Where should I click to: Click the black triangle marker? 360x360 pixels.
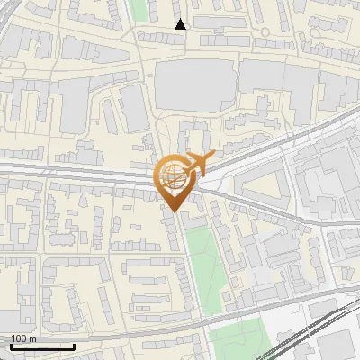click(181, 24)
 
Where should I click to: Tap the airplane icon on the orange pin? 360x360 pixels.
click(197, 163)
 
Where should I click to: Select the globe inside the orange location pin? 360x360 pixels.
click(174, 176)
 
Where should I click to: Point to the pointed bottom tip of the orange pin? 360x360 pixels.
click(174, 212)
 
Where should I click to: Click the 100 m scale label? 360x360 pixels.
click(23, 338)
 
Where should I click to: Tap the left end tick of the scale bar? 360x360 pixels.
click(11, 345)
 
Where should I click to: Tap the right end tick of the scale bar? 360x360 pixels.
click(74, 345)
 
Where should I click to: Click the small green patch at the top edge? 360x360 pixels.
click(137, 9)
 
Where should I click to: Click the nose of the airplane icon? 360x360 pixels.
click(212, 158)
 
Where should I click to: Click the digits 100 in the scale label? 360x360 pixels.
click(19, 338)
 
